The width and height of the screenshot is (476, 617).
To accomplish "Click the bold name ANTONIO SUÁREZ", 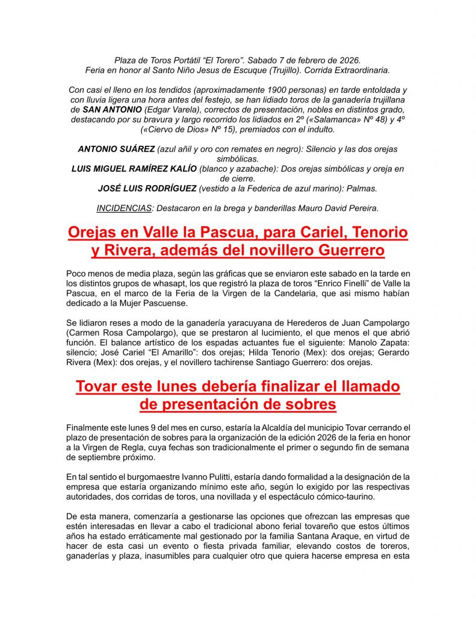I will pyautogui.click(x=116, y=149).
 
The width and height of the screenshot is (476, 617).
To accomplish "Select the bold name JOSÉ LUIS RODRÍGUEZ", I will pyautogui.click(x=147, y=189).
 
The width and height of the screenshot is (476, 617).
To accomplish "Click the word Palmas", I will pyautogui.click(x=362, y=189).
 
